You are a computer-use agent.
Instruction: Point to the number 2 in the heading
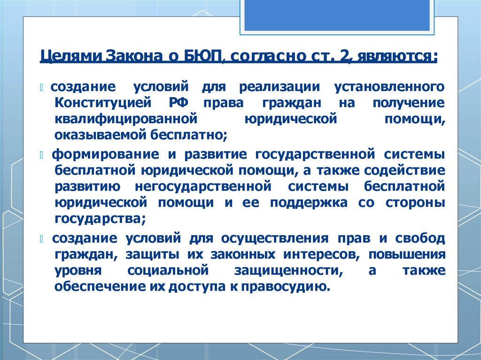tap(345, 57)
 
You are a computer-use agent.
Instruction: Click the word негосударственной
tap(203, 186)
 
